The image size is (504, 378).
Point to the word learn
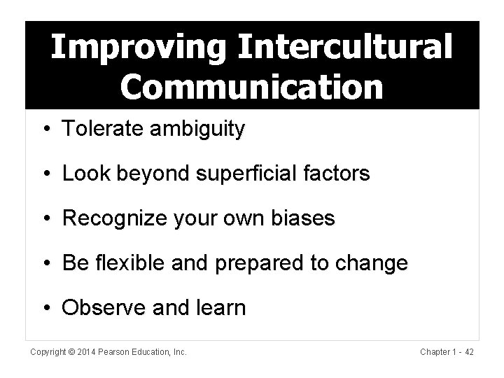[223, 307]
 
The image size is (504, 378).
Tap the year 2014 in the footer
[87, 353]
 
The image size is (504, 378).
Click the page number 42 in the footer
[468, 353]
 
